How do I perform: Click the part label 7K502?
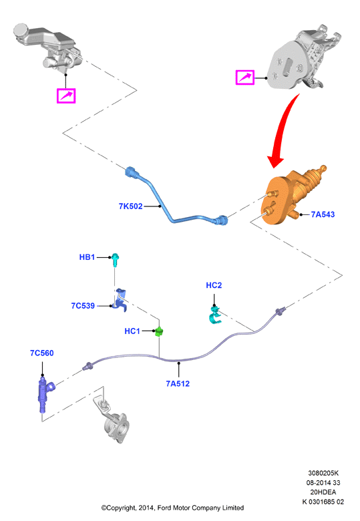click(130, 206)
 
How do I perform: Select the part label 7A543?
click(323, 214)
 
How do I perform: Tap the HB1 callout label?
click(87, 257)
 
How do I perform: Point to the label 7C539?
click(83, 306)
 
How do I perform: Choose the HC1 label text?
click(132, 331)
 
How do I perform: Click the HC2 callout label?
click(214, 285)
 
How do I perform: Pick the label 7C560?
click(42, 353)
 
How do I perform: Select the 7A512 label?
click(178, 384)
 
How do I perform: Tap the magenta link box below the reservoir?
click(66, 96)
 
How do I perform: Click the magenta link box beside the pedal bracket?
click(245, 77)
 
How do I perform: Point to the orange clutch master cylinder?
click(293, 196)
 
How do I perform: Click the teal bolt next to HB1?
click(116, 260)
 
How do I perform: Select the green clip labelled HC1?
click(160, 331)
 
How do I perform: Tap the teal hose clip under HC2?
click(214, 316)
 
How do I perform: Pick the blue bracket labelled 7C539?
click(120, 300)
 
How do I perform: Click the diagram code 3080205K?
click(323, 473)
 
